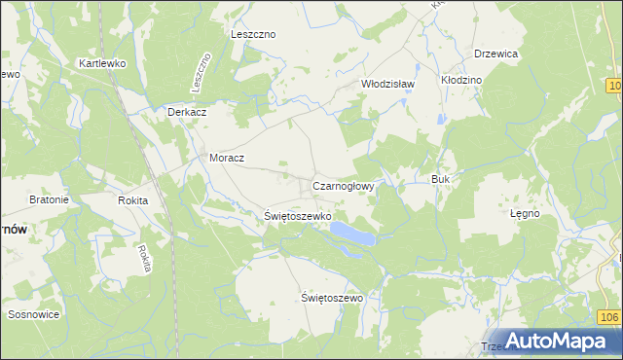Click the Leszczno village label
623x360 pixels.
253,34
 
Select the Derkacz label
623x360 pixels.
186,112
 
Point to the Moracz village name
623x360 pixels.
227,158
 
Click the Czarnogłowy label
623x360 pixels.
344,183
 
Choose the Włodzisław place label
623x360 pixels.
388,84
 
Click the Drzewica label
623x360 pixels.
495,54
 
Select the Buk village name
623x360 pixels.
439,180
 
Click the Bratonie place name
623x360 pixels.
49,199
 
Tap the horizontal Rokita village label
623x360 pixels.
132,200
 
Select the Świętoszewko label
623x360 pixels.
299,216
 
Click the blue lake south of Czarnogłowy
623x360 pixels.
351,234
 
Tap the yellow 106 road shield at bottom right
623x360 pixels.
609,317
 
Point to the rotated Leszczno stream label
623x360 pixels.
202,73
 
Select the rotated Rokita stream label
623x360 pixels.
144,259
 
